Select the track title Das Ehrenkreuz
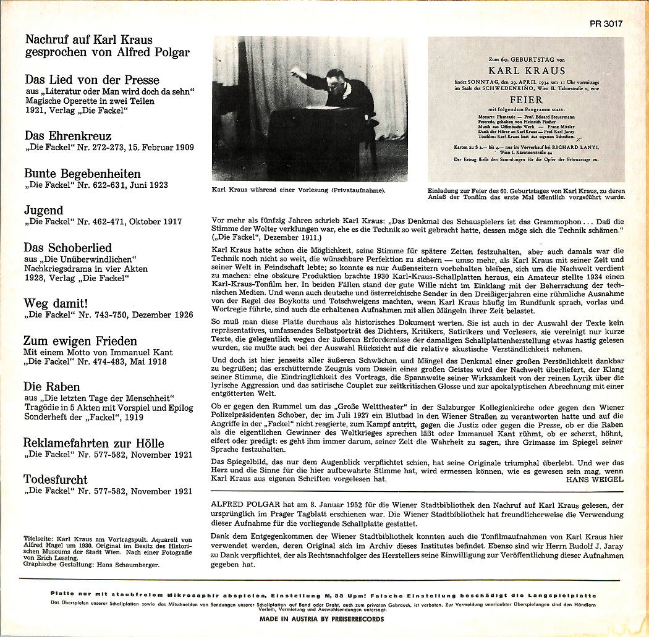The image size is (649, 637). click(68, 135)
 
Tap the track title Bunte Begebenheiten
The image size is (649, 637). click(82, 173)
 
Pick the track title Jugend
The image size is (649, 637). click(43, 210)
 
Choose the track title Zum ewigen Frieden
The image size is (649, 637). click(80, 340)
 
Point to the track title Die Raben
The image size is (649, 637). click(52, 387)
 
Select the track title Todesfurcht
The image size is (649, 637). click(56, 479)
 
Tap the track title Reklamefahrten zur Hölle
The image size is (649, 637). click(94, 442)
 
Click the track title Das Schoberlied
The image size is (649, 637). click(68, 247)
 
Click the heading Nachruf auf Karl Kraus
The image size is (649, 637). click(88, 40)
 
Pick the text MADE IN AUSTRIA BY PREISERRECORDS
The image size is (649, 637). click(321, 618)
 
